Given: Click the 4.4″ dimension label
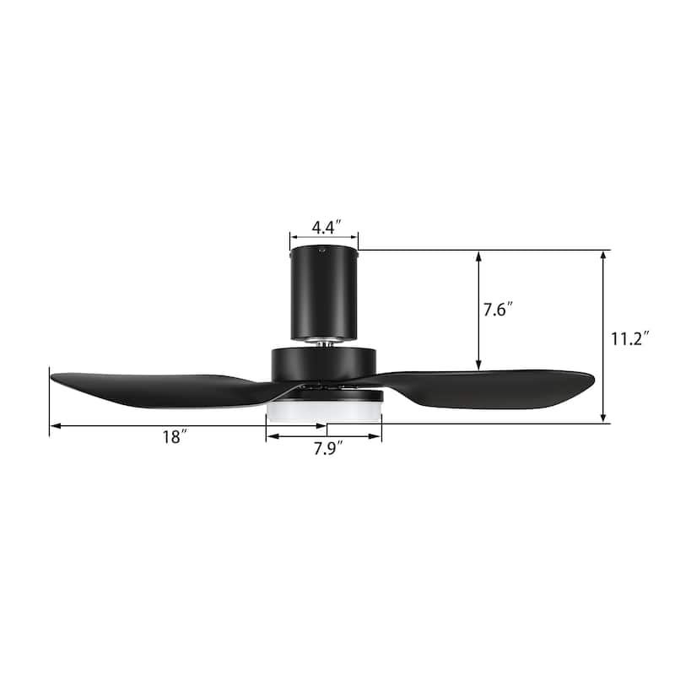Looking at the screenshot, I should (x=325, y=227).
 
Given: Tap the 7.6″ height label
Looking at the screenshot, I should (x=498, y=310).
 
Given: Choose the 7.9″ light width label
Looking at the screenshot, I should (x=326, y=448).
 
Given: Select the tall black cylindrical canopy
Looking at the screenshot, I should (x=324, y=291).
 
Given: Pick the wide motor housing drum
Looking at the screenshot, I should (x=324, y=364).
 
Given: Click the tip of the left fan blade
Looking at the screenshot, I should (x=53, y=376).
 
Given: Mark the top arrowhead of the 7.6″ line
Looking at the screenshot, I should (x=479, y=254).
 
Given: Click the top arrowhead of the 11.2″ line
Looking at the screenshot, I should (x=604, y=254).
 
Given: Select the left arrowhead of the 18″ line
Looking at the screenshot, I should (x=54, y=426).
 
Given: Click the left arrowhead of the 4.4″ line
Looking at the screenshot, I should (x=293, y=237).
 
